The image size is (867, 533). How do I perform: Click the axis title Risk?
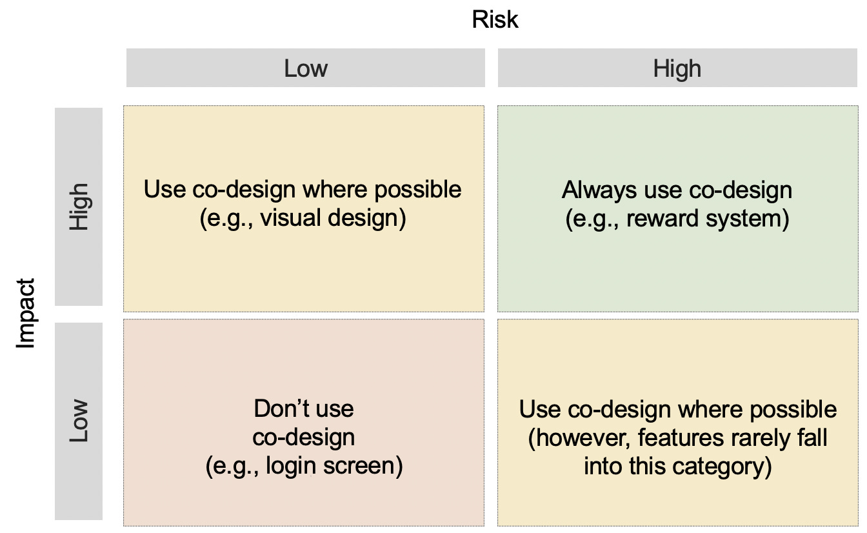coord(495,20)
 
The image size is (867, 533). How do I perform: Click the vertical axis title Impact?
coord(25,314)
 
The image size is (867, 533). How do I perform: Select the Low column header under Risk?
coord(306,68)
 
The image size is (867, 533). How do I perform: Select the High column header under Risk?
coord(677,68)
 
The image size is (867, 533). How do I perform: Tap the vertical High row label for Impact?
coord(79,206)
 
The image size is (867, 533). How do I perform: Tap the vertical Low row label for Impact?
coord(79,421)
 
